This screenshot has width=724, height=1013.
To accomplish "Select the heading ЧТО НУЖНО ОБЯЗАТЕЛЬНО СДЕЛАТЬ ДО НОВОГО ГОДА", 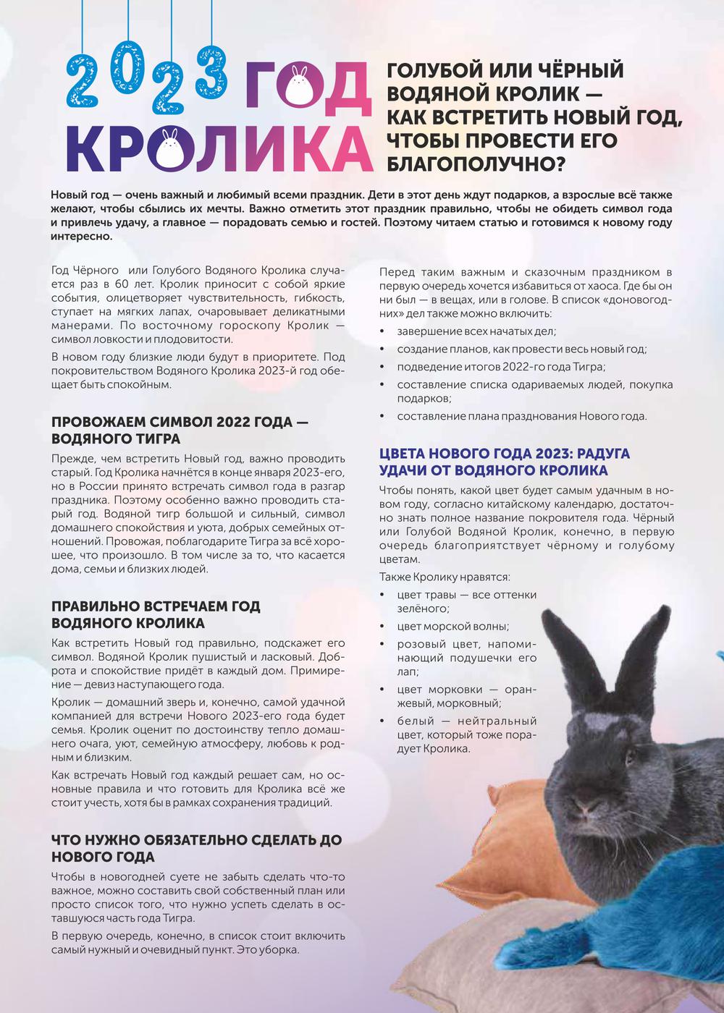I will (196, 849).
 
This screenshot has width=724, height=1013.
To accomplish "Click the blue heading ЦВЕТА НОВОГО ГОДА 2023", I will (505, 462).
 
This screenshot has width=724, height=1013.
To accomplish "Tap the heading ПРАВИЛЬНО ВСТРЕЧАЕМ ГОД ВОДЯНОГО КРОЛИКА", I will (156, 614).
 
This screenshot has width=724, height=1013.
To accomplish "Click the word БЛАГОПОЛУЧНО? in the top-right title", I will (476, 164).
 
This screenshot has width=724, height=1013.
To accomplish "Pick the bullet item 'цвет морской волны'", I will (452, 627).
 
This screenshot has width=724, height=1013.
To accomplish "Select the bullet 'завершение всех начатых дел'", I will (476, 331).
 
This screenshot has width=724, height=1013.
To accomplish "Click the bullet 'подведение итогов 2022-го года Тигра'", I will (501, 367).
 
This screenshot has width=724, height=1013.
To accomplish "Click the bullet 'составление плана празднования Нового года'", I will (521, 416).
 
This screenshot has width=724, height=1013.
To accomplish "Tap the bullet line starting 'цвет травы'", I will (466, 595).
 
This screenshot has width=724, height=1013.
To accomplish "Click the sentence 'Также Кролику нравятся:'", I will (445, 577).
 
